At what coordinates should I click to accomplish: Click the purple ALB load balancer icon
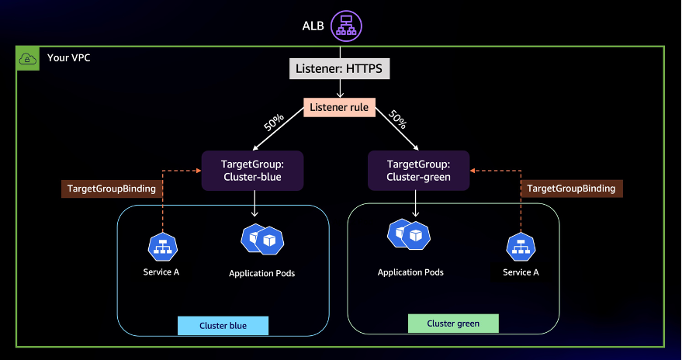pos(346,26)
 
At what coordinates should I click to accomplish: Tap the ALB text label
pos(313,26)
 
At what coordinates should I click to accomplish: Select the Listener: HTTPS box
pos(340,69)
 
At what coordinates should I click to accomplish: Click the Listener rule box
pos(340,106)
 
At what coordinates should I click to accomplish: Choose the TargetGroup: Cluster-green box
pos(418,171)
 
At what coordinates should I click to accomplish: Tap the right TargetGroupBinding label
pos(571,189)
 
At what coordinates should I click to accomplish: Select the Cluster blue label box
pos(223,325)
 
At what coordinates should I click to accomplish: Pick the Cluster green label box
pos(453,323)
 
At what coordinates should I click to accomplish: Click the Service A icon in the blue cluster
pos(162,247)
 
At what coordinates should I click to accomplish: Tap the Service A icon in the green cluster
pos(521,248)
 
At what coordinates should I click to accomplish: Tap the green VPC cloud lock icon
pos(26,58)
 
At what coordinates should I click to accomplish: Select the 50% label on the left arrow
pos(273,122)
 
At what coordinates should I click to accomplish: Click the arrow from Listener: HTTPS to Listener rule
pos(340,88)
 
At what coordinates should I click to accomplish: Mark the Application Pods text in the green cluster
pos(410,272)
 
